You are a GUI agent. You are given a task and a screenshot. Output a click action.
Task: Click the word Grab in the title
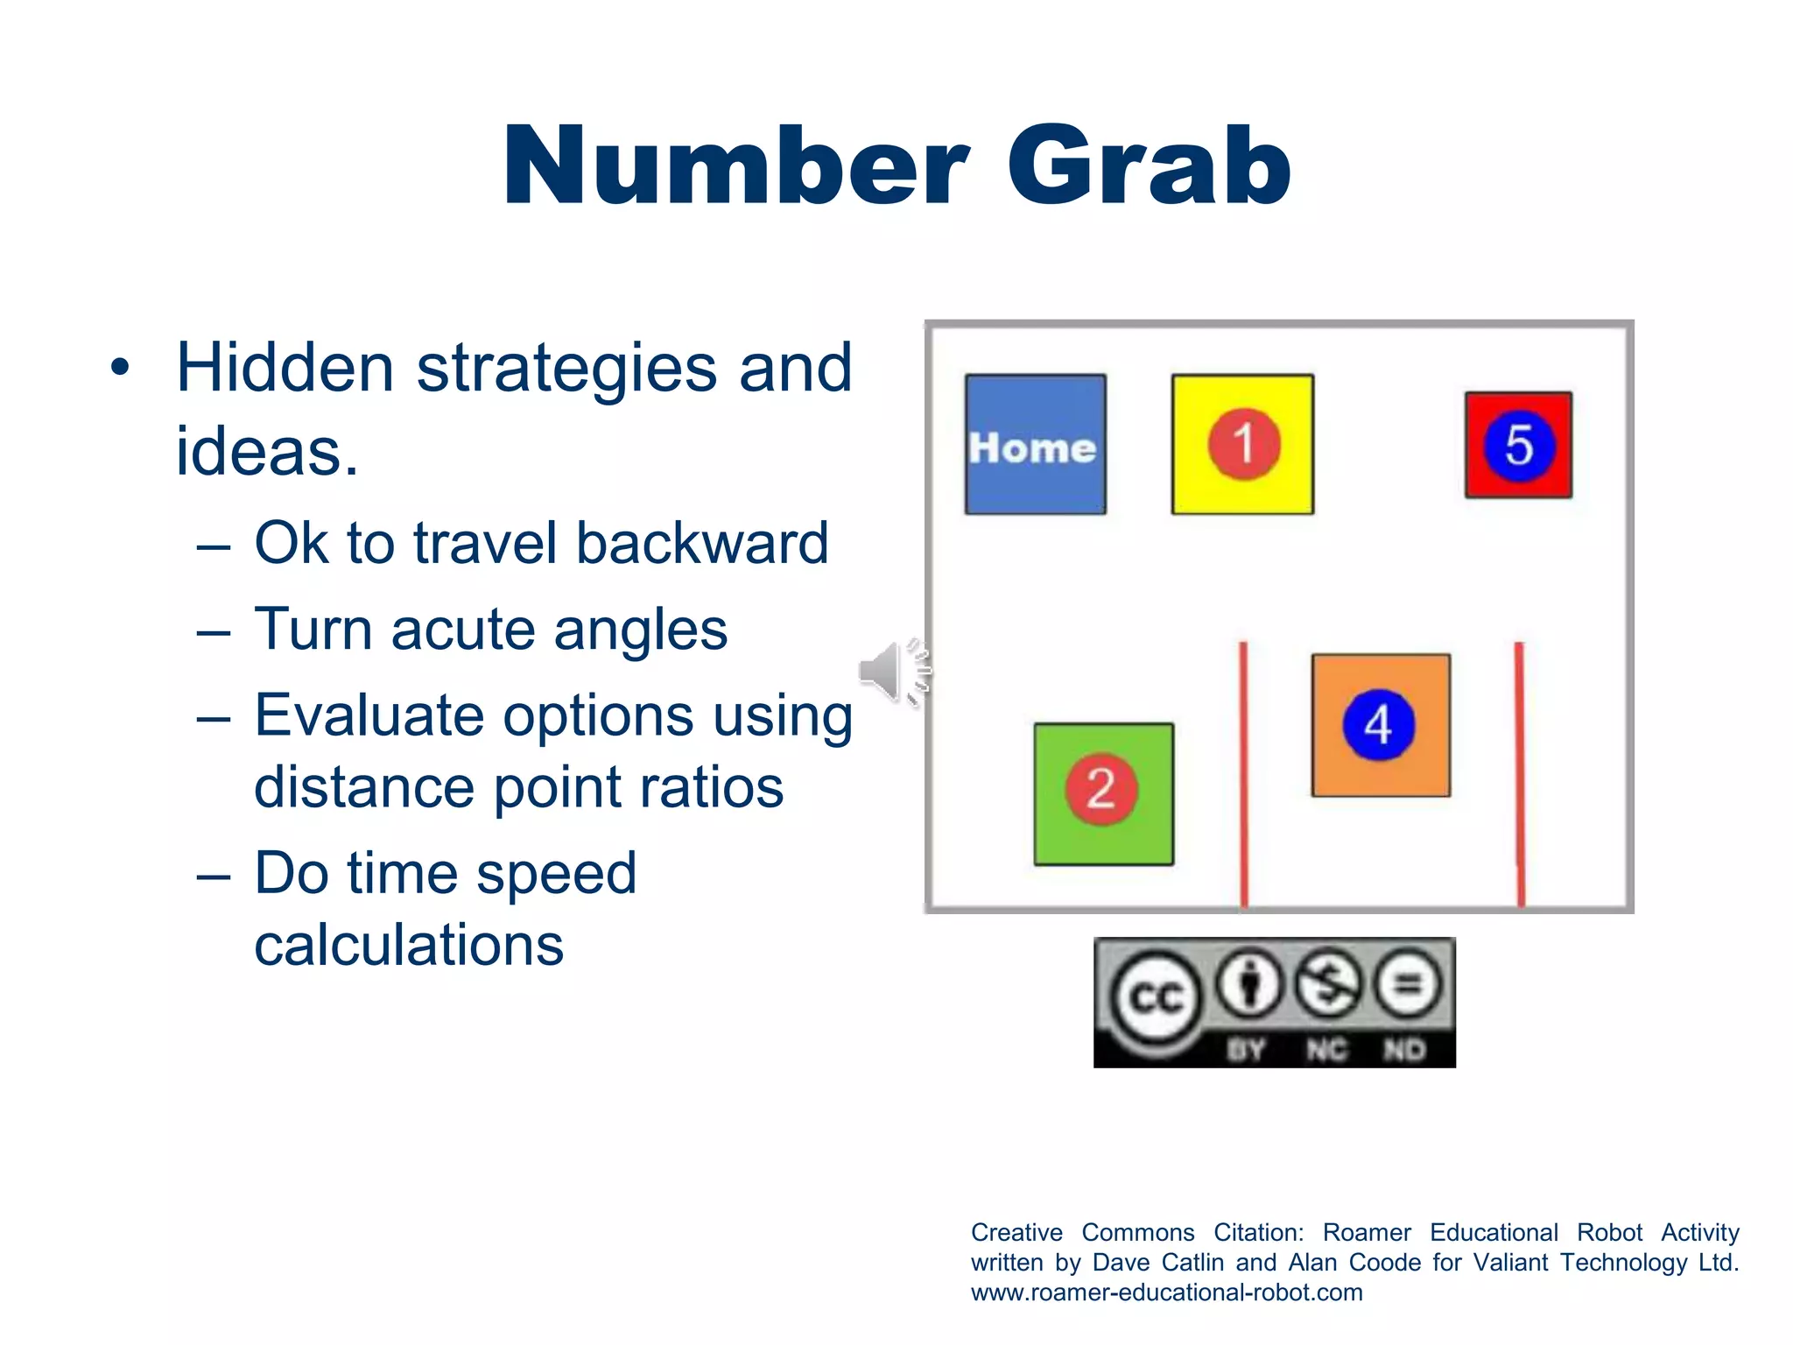pos(1149,166)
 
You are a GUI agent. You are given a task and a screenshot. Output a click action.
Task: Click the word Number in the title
pos(735,166)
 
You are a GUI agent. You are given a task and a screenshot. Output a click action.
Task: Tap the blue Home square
pos(1035,445)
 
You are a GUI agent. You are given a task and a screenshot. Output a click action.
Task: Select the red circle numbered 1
pos(1243,444)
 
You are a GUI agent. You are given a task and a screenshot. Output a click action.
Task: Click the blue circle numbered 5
pos(1519,446)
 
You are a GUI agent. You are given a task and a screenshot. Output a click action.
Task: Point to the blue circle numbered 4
pos(1379,725)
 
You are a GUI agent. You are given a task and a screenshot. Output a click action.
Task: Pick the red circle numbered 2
pos(1101,789)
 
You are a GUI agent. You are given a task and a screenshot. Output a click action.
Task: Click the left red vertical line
pos(1243,775)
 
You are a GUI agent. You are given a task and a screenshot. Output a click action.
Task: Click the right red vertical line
pos(1520,775)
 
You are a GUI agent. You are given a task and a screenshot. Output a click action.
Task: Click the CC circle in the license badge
pos(1156,997)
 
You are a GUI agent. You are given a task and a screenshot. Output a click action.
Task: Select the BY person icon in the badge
pos(1249,985)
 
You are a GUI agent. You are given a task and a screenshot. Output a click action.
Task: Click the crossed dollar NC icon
pos(1328,985)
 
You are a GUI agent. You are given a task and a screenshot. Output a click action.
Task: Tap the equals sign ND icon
pos(1407,985)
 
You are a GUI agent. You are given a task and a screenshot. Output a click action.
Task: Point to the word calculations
pos(409,946)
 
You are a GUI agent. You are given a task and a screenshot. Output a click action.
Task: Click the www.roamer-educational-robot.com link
pos(1166,1292)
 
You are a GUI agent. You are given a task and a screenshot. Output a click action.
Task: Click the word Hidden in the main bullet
pos(285,369)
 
